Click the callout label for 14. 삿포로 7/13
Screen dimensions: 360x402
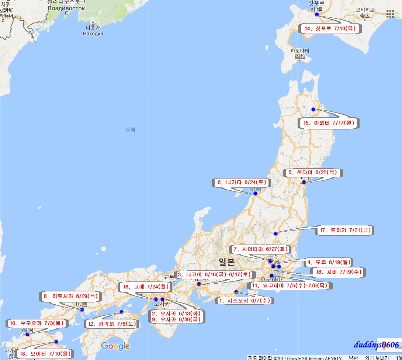click(x=330, y=28)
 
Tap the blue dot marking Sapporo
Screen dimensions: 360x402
click(x=316, y=15)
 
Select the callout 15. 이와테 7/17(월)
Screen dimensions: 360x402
click(x=329, y=123)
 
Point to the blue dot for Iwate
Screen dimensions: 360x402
click(x=313, y=109)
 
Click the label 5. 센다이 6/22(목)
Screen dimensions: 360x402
click(x=312, y=172)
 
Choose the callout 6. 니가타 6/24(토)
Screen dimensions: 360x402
click(x=242, y=182)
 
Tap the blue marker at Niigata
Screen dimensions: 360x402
click(x=255, y=193)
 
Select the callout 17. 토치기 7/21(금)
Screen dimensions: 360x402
click(x=345, y=231)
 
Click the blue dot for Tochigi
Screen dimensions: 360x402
click(x=275, y=233)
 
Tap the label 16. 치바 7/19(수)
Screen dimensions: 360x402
click(x=338, y=272)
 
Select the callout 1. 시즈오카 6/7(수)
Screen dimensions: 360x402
click(x=245, y=301)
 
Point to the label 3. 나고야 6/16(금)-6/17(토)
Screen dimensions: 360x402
click(x=214, y=274)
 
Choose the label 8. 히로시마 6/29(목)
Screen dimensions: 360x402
click(x=70, y=296)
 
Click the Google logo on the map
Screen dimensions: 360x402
click(x=115, y=346)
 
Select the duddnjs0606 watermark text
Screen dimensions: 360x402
click(x=377, y=345)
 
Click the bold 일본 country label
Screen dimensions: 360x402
click(x=226, y=262)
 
